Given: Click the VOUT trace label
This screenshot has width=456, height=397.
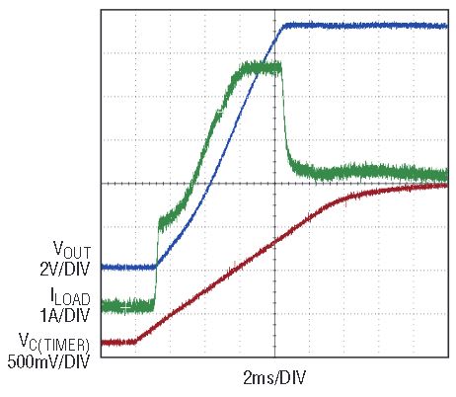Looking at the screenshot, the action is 72,250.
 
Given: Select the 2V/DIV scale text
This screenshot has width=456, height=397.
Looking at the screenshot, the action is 64,269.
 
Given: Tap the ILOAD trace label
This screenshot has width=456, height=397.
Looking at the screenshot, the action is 70,296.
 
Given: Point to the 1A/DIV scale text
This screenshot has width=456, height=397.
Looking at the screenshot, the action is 64,315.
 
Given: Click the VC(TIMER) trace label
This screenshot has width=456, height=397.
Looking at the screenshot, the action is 54,343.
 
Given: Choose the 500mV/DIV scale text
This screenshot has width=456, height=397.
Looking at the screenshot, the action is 48,361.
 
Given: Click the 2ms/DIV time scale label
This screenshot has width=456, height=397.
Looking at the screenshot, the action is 274,377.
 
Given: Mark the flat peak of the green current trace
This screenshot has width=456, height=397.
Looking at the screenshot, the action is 261,68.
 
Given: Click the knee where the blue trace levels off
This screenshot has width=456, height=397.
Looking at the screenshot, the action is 283,26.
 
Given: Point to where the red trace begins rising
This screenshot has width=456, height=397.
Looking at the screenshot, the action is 136,342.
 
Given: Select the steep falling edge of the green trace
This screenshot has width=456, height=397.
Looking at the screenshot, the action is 285,116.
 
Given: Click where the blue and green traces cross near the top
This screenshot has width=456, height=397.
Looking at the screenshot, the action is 263,62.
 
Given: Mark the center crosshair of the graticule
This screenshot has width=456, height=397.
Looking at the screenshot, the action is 274,184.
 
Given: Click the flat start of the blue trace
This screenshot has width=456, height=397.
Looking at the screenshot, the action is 128,267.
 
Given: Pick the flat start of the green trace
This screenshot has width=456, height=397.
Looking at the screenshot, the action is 127,306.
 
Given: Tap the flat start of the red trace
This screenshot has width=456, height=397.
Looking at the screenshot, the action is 118,343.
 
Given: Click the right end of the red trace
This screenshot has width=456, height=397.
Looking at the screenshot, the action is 447,186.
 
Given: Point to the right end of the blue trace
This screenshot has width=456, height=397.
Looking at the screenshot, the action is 447,26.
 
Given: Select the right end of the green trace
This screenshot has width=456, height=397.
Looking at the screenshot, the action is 447,175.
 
